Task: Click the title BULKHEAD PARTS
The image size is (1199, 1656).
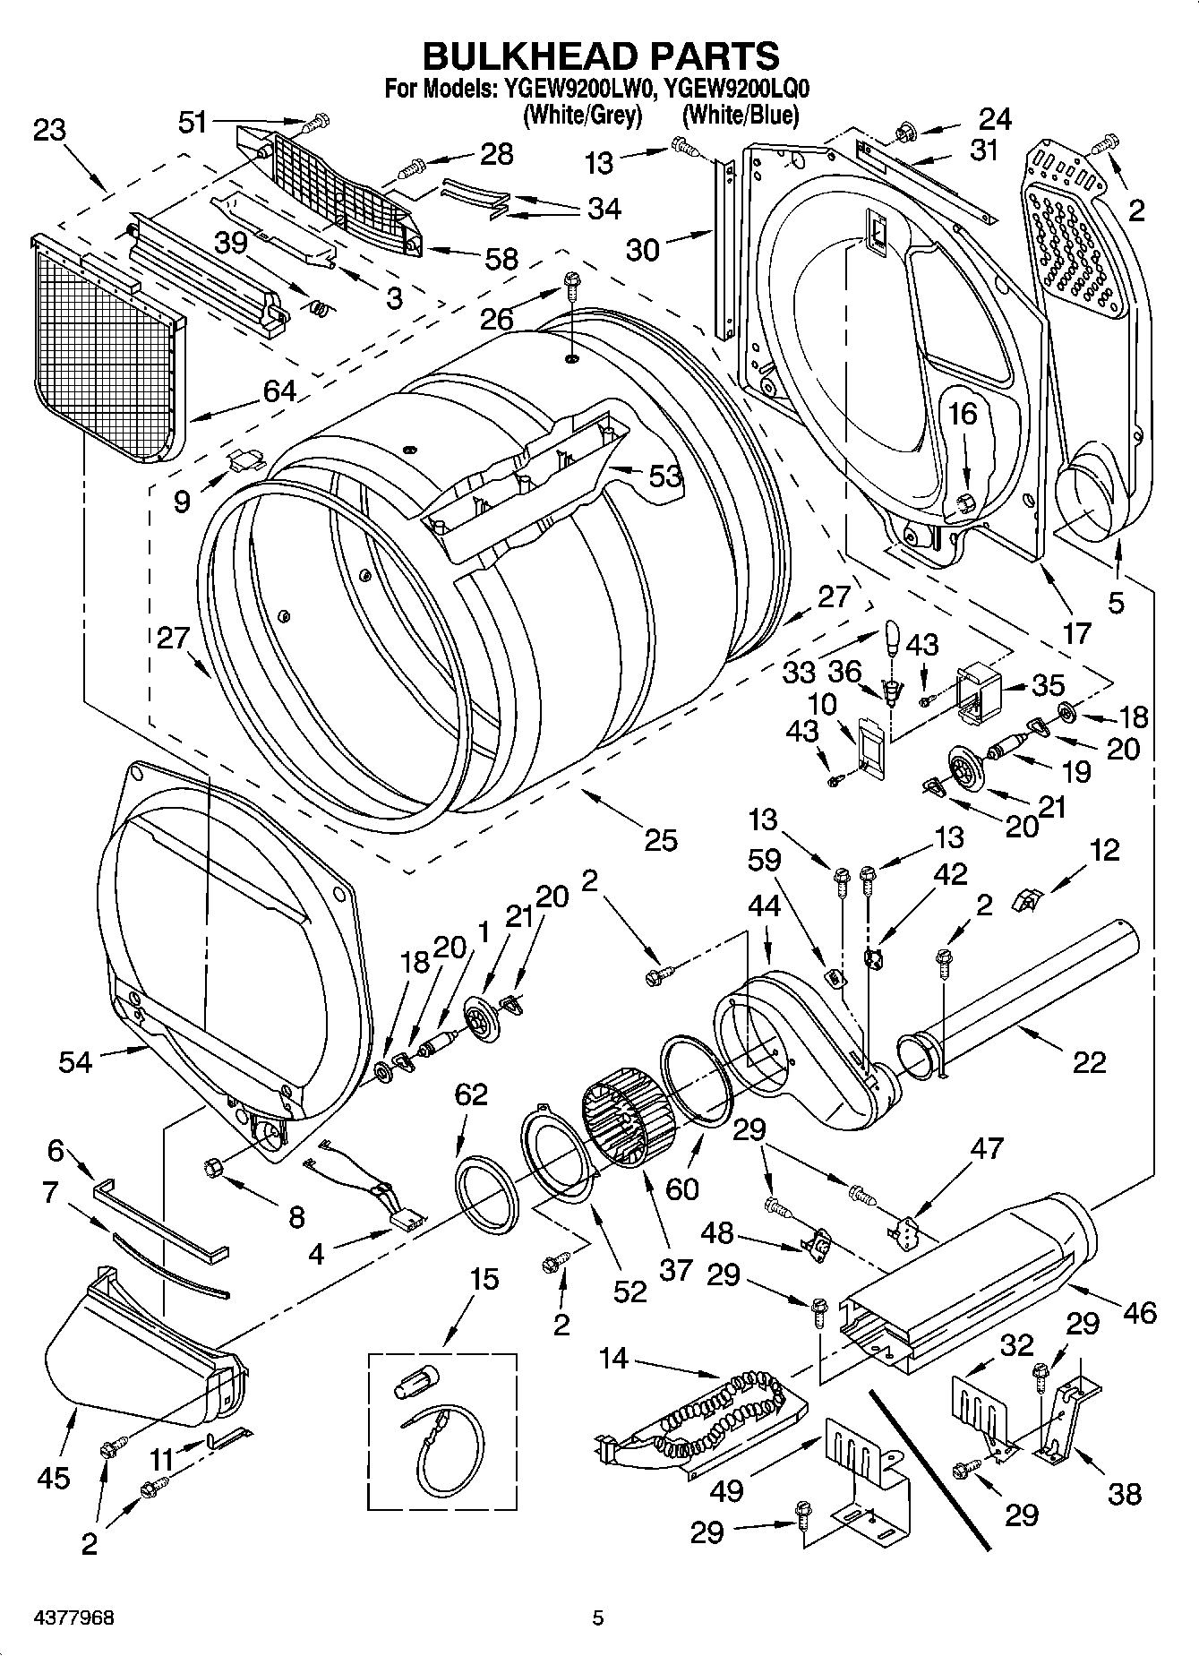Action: [600, 56]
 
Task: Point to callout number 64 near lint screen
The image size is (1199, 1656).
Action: [278, 391]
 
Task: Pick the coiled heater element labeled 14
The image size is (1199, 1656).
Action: [716, 1412]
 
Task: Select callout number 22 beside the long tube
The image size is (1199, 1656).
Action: [1088, 1062]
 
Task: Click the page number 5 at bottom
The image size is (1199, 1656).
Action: [598, 1617]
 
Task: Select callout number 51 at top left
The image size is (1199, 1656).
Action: [192, 123]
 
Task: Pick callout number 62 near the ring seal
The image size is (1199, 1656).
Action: [471, 1094]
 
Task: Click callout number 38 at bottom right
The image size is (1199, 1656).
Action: [1124, 1493]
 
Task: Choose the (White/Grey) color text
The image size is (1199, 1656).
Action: [583, 115]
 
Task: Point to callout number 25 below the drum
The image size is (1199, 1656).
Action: [661, 840]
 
